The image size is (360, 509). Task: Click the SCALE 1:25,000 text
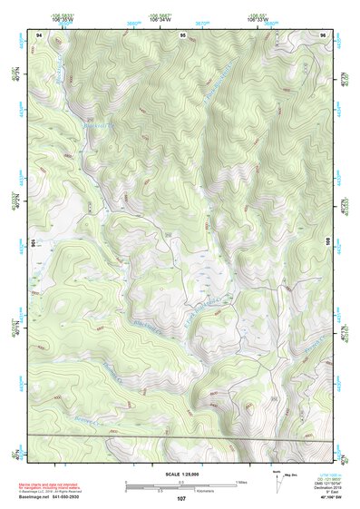[x=180, y=475]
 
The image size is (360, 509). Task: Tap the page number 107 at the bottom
[x=181, y=498]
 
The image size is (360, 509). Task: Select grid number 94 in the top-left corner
[x=39, y=34]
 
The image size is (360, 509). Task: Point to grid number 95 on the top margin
[x=183, y=34]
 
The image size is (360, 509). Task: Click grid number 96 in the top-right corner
[x=322, y=34]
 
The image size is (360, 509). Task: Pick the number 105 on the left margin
[x=32, y=243]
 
